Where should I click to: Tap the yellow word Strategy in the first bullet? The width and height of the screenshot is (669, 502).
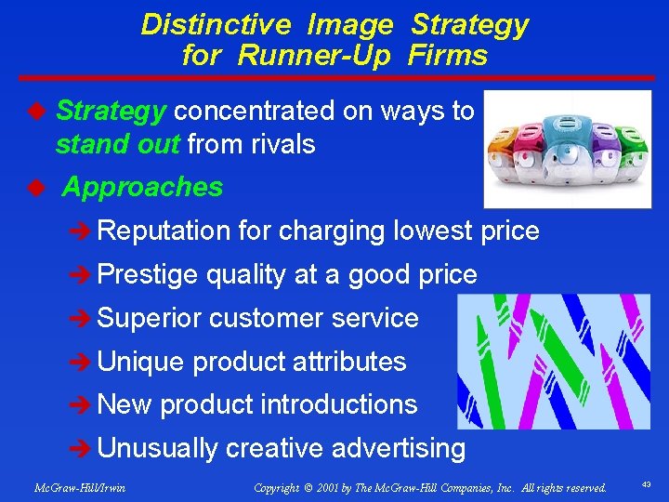pyautogui.click(x=111, y=112)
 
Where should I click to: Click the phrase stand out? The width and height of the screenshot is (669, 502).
pyautogui.click(x=118, y=144)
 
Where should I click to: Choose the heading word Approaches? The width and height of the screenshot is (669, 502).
pyautogui.click(x=142, y=187)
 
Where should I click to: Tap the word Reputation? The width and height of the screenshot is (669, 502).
pyautogui.click(x=164, y=231)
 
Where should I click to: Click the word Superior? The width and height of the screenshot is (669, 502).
pyautogui.click(x=150, y=318)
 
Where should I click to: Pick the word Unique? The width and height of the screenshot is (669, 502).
pyautogui.click(x=142, y=362)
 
